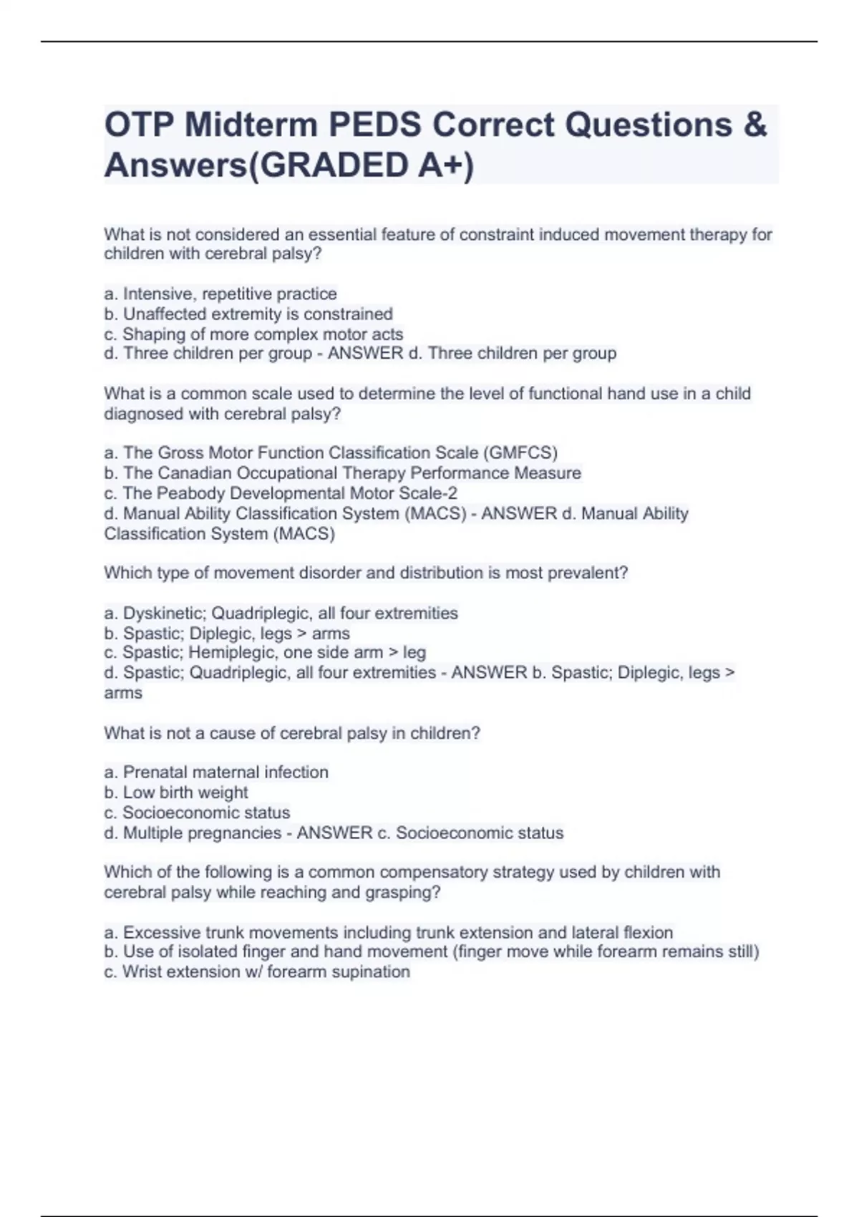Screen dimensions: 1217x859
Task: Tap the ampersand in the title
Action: pos(754,125)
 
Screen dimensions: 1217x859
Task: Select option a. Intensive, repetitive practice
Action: pos(220,294)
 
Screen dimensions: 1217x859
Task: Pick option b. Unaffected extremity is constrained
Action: pos(248,314)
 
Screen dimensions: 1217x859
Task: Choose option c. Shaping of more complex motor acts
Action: pos(253,334)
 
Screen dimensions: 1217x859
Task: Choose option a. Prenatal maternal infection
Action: pos(216,772)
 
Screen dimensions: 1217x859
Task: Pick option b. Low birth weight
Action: pos(176,792)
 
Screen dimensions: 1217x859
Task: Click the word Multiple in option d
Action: pos(156,833)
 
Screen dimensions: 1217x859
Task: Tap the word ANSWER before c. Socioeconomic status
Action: pos(334,833)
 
